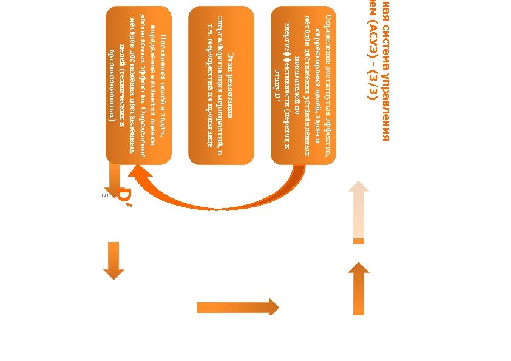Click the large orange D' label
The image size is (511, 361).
124,198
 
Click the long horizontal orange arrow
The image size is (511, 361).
237,307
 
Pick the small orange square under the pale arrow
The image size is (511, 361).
359,241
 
